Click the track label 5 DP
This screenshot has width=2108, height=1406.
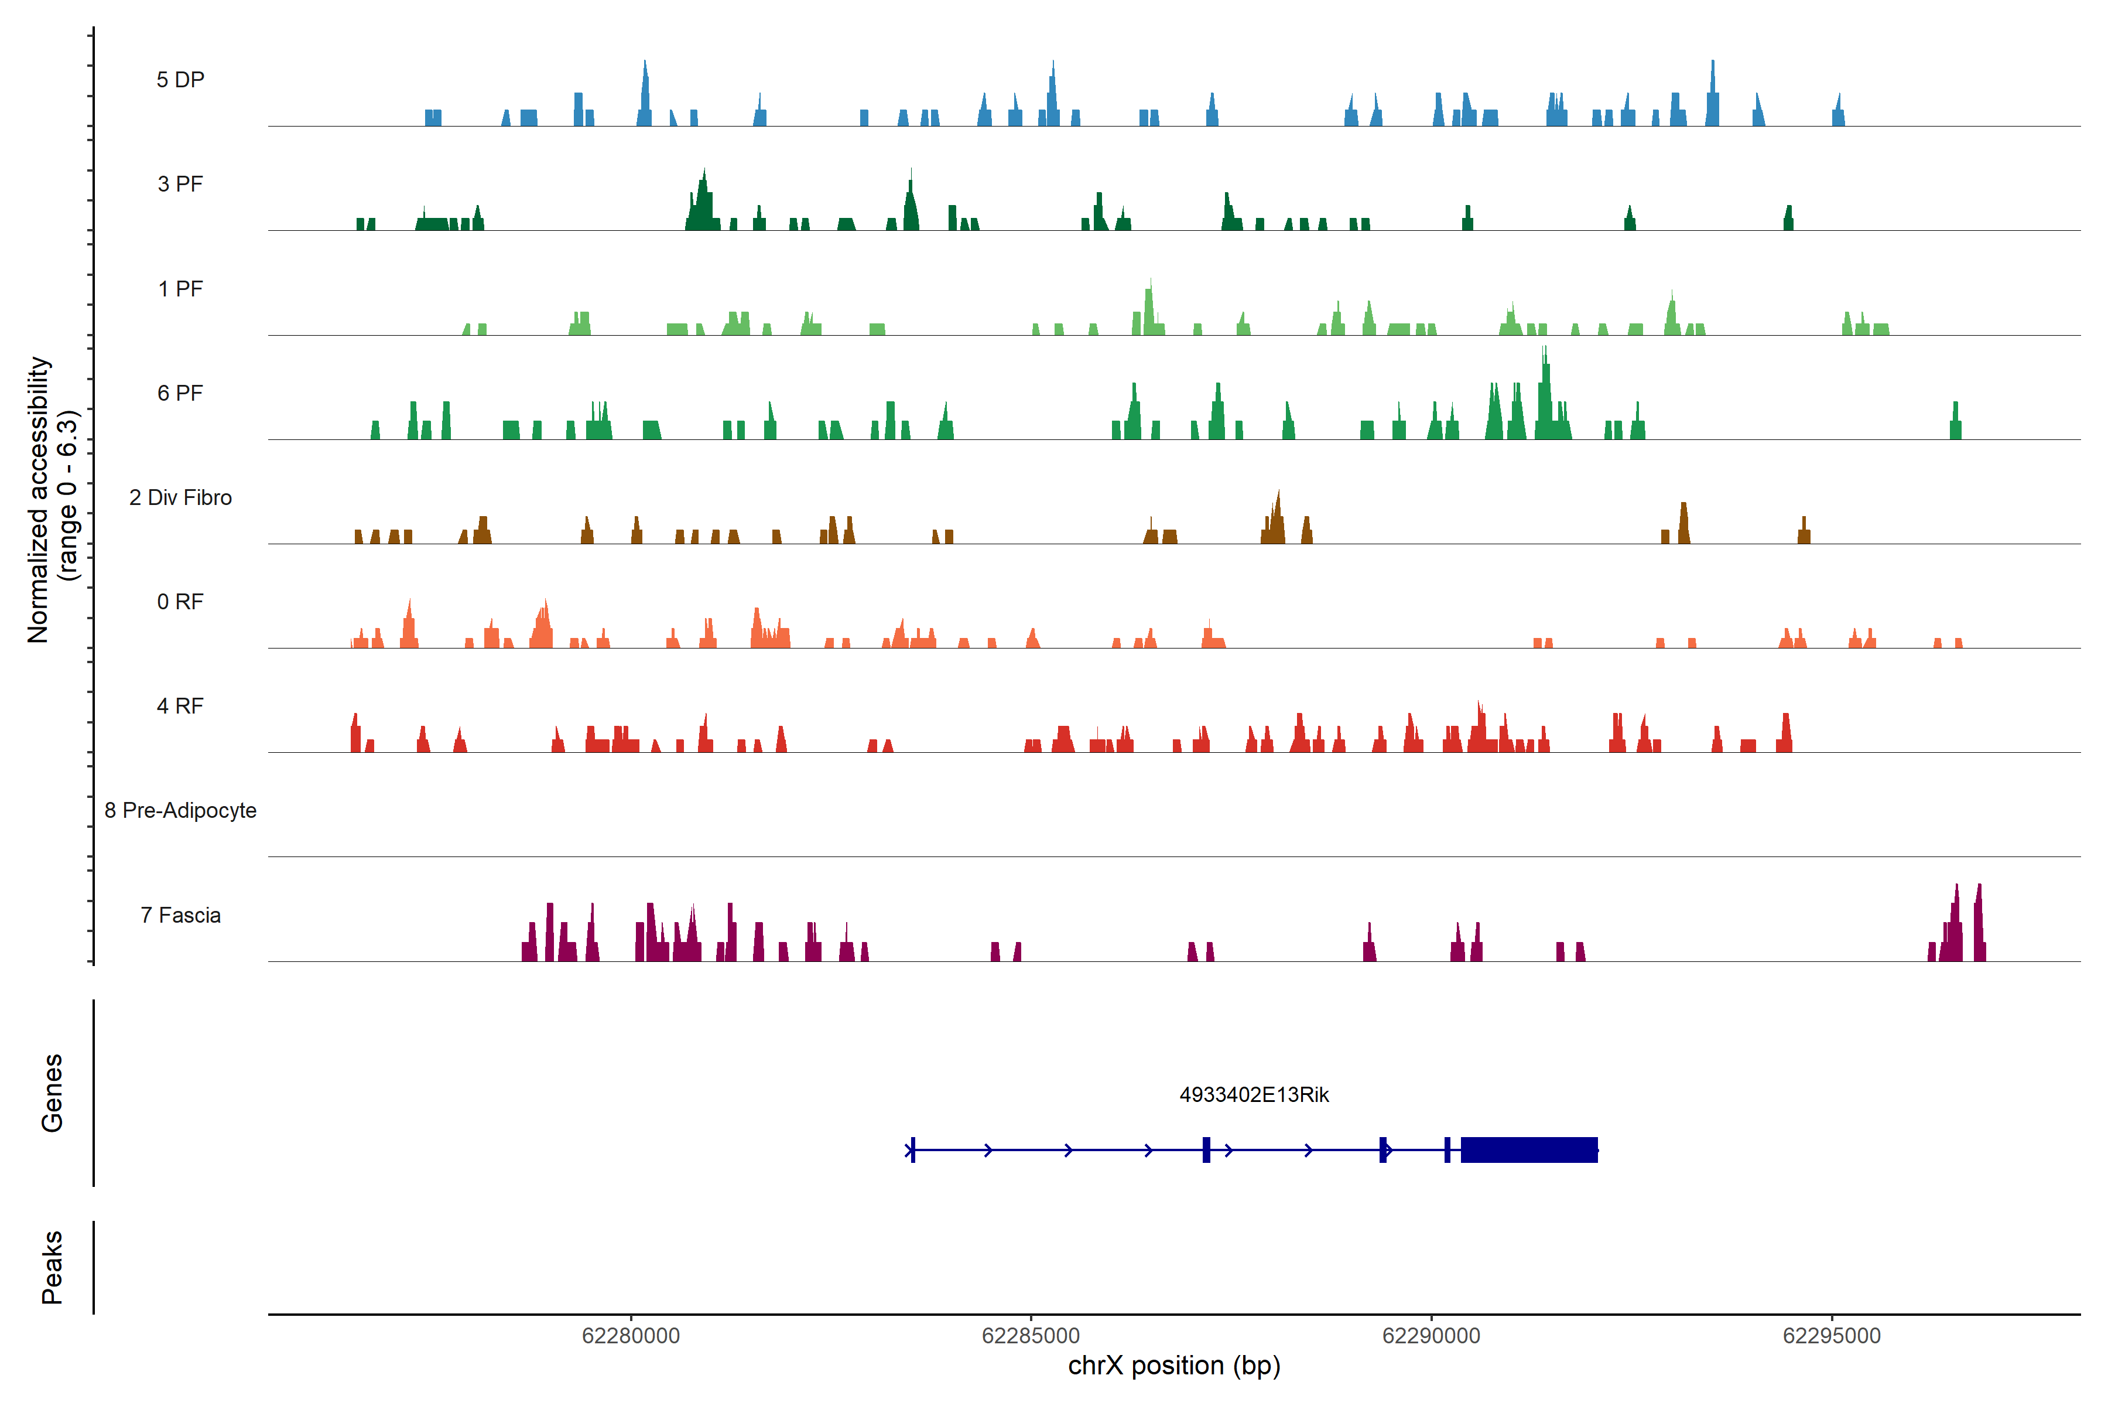pyautogui.click(x=180, y=80)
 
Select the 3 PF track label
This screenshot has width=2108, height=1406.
pyautogui.click(x=180, y=184)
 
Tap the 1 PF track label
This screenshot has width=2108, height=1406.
pyautogui.click(x=180, y=289)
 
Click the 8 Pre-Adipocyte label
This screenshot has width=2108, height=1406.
pyautogui.click(x=180, y=811)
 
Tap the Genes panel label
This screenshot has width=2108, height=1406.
pyautogui.click(x=52, y=1093)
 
